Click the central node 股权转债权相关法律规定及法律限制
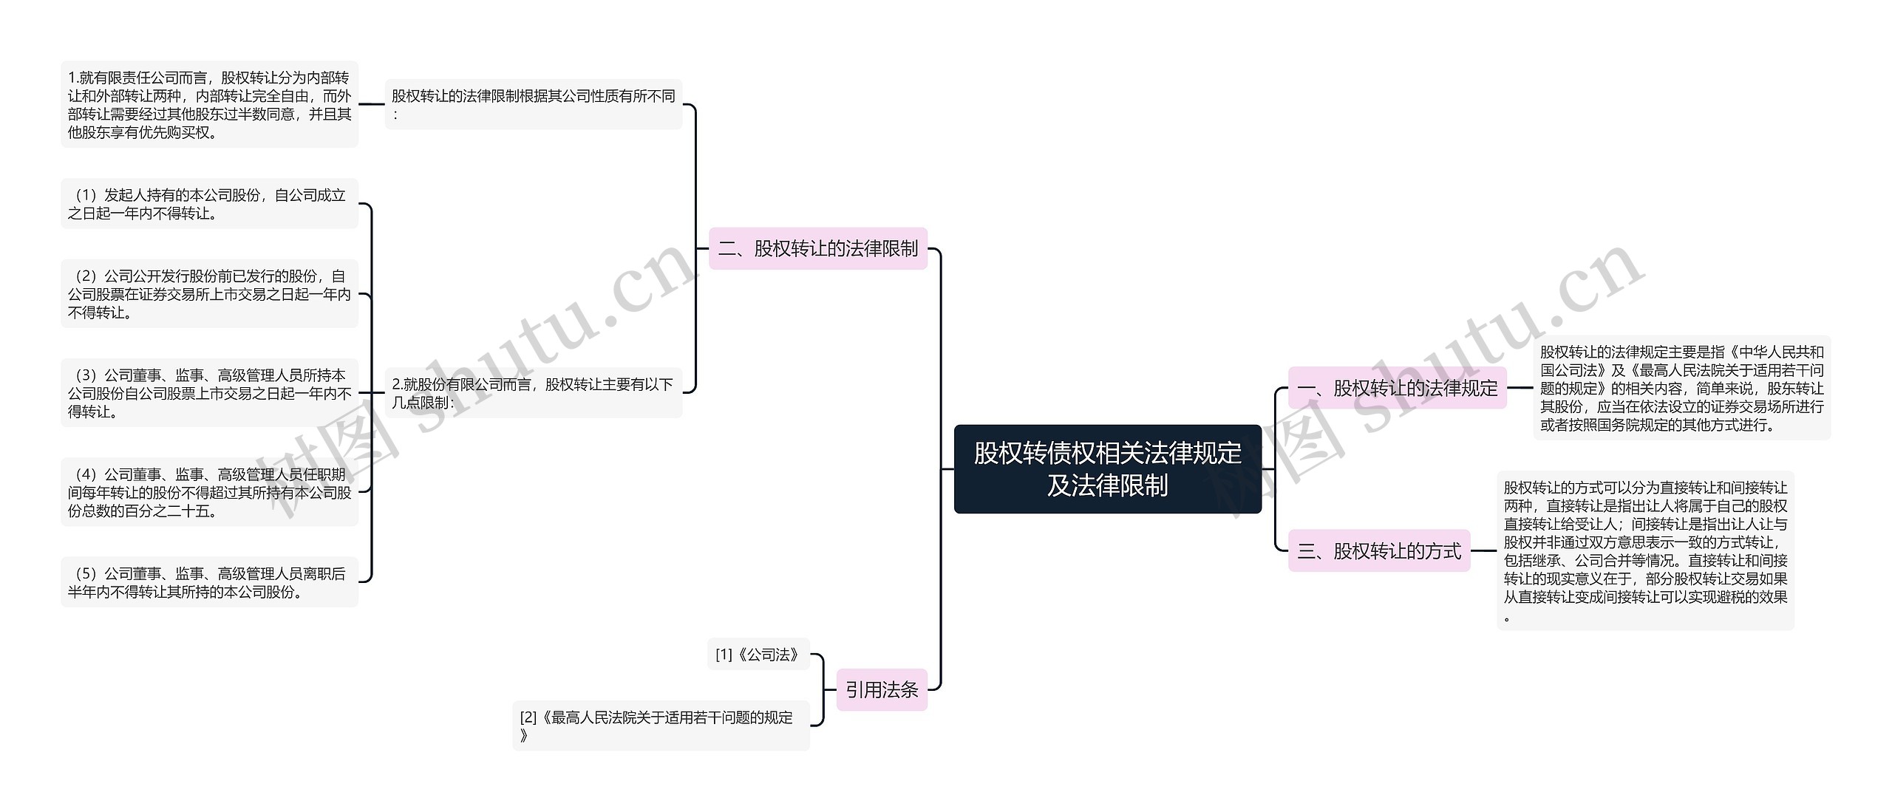click(1107, 468)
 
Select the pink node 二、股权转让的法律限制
click(817, 248)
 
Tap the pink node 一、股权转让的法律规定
click(1397, 387)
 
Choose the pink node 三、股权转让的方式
click(1379, 550)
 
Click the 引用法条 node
click(882, 689)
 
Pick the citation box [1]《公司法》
click(758, 654)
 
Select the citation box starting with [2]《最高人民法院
click(661, 726)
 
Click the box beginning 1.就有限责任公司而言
click(209, 104)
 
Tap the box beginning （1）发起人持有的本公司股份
click(209, 204)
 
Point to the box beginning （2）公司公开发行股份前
click(209, 293)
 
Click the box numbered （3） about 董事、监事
click(209, 392)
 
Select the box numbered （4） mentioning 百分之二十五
click(209, 492)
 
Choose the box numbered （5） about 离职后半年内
click(209, 582)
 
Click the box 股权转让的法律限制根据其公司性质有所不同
click(533, 104)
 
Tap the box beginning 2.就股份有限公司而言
click(533, 392)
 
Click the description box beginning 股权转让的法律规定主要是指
click(1681, 387)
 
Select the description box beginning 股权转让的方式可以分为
click(1645, 550)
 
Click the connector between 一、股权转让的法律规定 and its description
click(1520, 387)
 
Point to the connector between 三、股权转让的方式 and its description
click(1483, 550)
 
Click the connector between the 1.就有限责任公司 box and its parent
click(372, 104)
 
